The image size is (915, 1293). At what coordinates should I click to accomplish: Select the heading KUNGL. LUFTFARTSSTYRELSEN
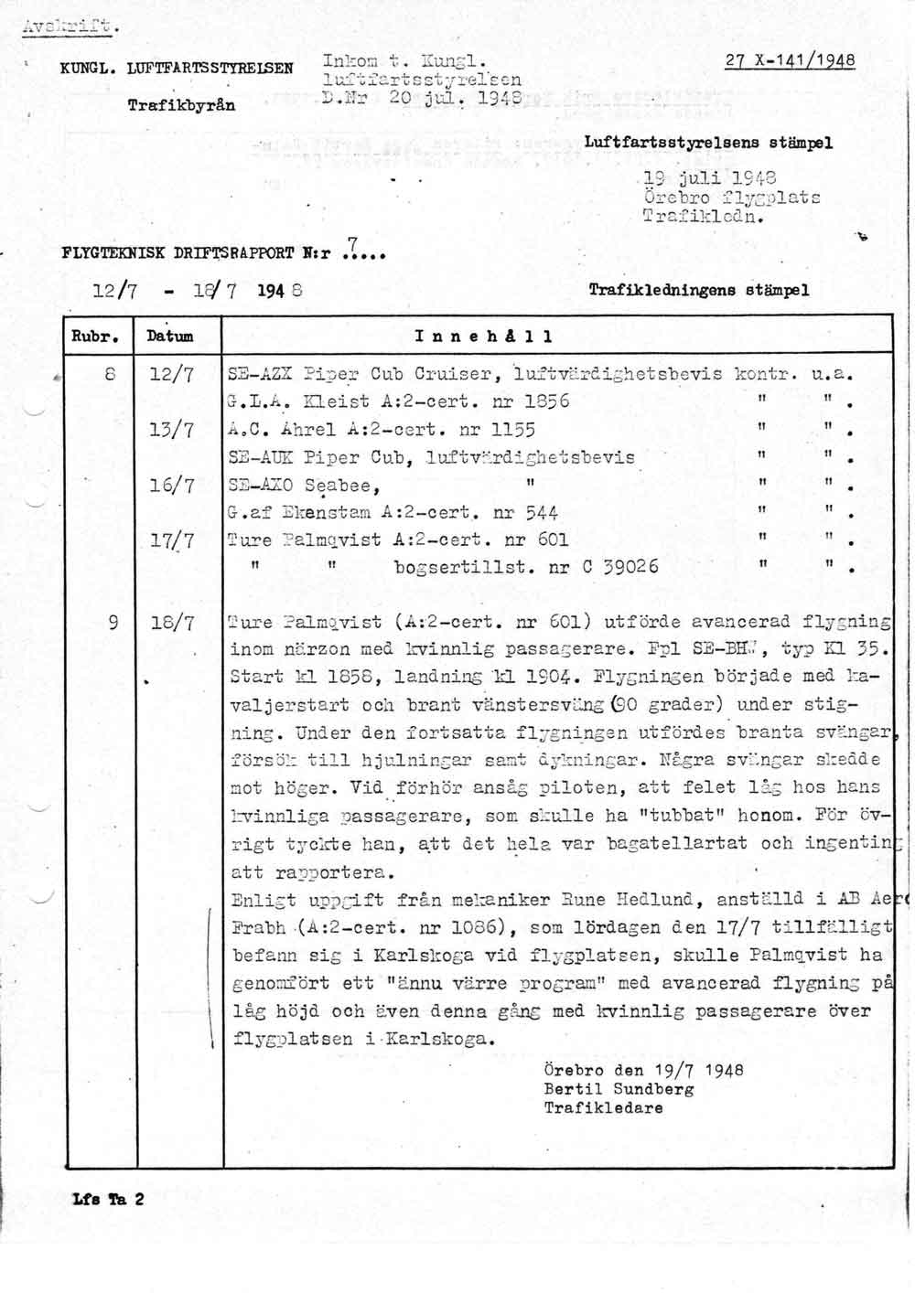tap(177, 68)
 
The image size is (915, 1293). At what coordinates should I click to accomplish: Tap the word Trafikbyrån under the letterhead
tap(181, 105)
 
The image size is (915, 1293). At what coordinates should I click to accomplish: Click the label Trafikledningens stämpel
tap(699, 290)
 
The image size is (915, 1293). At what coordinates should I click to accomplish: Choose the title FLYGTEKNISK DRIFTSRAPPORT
tap(165, 252)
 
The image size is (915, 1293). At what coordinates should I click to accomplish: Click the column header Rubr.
tap(97, 336)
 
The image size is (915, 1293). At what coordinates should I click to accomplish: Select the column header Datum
tap(170, 336)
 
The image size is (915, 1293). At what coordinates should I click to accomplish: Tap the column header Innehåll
tap(483, 336)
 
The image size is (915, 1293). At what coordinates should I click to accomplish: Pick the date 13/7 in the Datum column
tap(174, 430)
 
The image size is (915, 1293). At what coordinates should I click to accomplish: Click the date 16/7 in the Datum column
tap(174, 486)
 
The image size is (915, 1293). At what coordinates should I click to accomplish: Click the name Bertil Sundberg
tap(619, 1089)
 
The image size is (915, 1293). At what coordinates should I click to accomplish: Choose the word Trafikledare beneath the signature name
tap(603, 1107)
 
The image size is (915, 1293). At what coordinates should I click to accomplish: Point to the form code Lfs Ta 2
tap(107, 1199)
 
